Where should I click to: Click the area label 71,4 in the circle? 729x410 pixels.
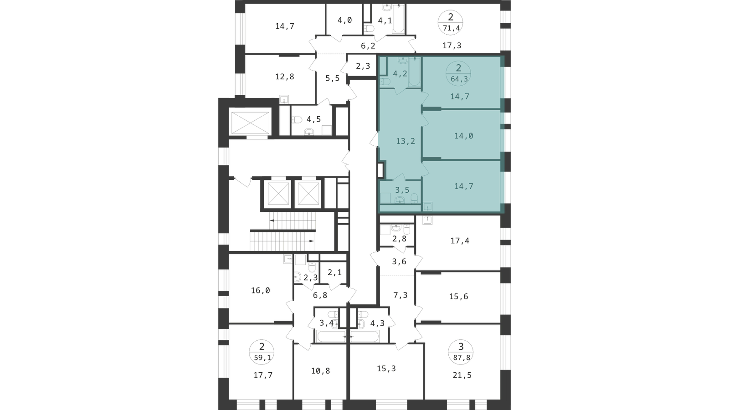click(x=452, y=28)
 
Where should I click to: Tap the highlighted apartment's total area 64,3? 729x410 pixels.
click(x=459, y=79)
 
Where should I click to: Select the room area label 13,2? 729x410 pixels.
click(x=406, y=141)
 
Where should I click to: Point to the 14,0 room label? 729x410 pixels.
click(x=464, y=136)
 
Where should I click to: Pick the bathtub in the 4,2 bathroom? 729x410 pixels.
click(x=414, y=72)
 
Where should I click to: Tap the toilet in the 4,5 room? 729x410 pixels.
click(x=297, y=120)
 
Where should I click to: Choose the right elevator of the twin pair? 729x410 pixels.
click(x=308, y=194)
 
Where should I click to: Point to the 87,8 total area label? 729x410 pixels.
click(x=461, y=358)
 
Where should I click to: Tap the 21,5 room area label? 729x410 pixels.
click(x=462, y=375)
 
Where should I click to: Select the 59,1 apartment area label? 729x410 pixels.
click(x=262, y=358)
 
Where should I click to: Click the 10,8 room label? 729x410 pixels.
click(x=321, y=371)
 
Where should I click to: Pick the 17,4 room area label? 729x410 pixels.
click(x=460, y=241)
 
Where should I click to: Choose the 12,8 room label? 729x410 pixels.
click(x=285, y=77)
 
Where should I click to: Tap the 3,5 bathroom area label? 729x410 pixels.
click(x=402, y=190)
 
